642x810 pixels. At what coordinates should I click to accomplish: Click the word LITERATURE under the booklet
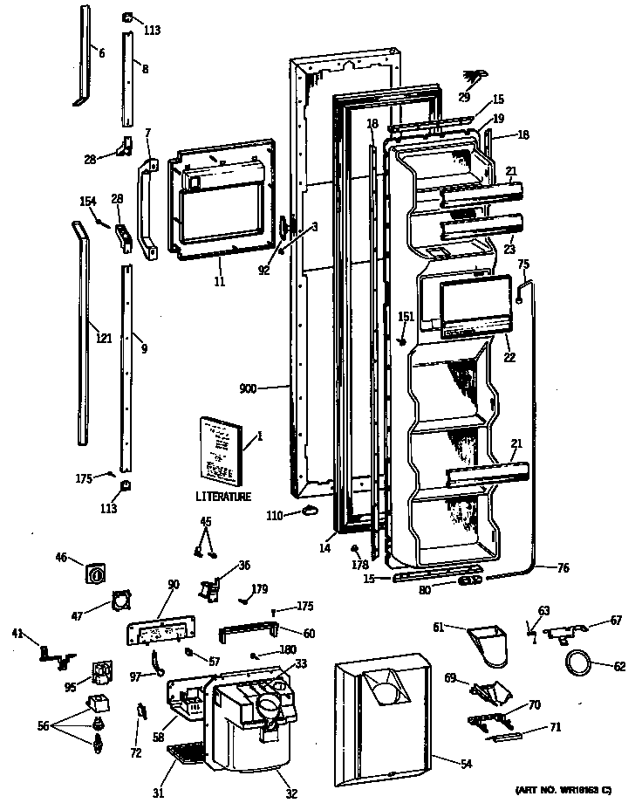(223, 497)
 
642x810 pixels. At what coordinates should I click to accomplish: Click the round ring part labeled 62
(577, 662)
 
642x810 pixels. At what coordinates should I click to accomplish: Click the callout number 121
(105, 338)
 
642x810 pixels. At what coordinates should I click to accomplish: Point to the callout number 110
(274, 516)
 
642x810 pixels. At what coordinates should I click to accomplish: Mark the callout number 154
(87, 202)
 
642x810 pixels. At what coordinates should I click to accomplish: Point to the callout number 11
(220, 282)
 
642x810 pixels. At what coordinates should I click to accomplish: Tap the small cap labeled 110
(307, 511)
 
